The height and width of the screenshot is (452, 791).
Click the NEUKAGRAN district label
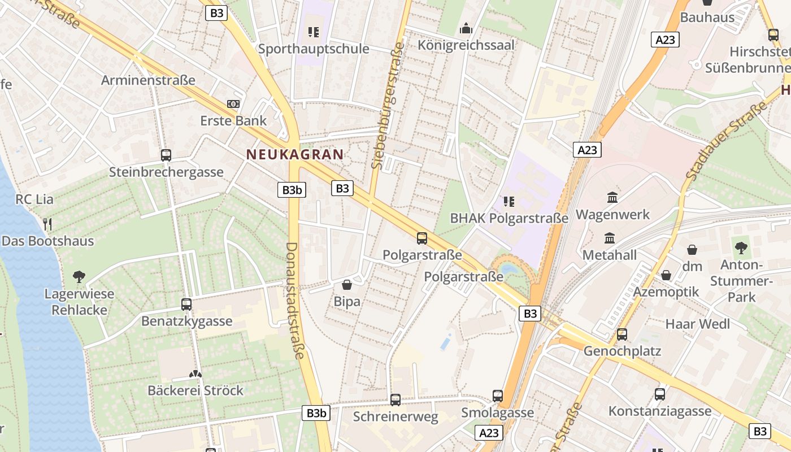(x=294, y=154)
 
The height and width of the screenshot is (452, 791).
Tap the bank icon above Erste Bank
(x=233, y=104)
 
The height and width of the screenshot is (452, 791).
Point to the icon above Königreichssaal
(x=466, y=28)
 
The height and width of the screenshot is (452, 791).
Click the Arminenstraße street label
(x=148, y=80)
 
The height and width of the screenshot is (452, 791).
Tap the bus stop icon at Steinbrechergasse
(x=166, y=155)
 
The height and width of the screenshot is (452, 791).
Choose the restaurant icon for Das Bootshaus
(x=47, y=224)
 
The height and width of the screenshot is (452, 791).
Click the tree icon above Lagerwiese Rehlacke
(x=79, y=277)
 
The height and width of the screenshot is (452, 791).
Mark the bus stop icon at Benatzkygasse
(x=186, y=305)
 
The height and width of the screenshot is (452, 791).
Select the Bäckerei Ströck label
(x=195, y=390)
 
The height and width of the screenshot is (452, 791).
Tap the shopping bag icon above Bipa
(x=347, y=285)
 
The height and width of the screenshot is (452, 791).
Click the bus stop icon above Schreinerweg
(x=395, y=400)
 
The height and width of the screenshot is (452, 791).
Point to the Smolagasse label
(x=497, y=412)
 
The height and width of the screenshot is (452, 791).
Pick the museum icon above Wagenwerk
(x=612, y=198)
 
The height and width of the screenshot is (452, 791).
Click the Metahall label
(x=609, y=255)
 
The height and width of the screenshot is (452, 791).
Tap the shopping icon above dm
(x=692, y=250)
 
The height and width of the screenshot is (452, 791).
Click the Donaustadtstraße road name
(x=295, y=301)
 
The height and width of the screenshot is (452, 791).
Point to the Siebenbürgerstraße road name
(x=388, y=105)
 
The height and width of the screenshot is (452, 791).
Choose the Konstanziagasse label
(x=659, y=411)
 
